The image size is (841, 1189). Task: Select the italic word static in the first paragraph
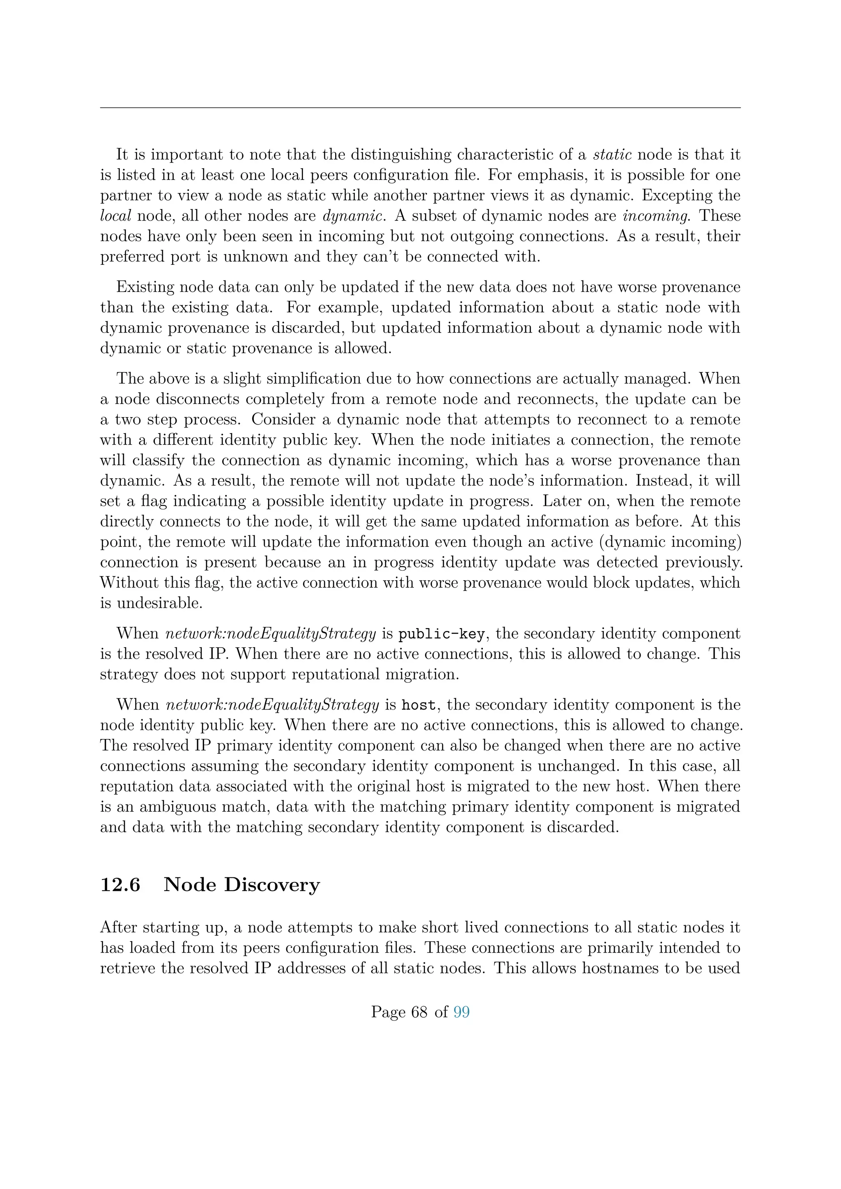[x=612, y=154]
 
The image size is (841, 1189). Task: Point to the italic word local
[x=115, y=216]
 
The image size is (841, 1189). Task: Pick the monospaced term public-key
[x=441, y=634]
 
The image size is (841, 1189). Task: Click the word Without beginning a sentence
[x=131, y=583]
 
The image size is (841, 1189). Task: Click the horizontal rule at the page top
[x=420, y=108]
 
